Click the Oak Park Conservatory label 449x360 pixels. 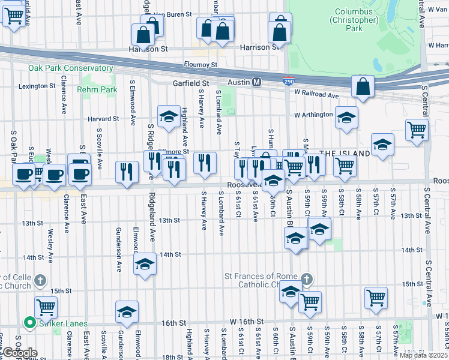(70, 68)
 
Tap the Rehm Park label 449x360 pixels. (97, 89)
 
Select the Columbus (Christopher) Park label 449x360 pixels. (357, 20)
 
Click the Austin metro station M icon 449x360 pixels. (256, 82)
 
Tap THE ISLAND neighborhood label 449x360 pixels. (345, 154)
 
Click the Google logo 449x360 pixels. (20, 353)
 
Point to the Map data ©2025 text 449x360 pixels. (423, 355)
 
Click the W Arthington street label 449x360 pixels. (313, 115)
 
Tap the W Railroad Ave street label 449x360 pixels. (317, 94)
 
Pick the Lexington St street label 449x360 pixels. (37, 86)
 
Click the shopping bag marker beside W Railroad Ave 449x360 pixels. (363, 88)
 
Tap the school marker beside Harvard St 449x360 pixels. (169, 116)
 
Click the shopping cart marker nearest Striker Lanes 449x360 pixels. (46, 308)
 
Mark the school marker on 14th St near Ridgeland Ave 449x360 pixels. (145, 264)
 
